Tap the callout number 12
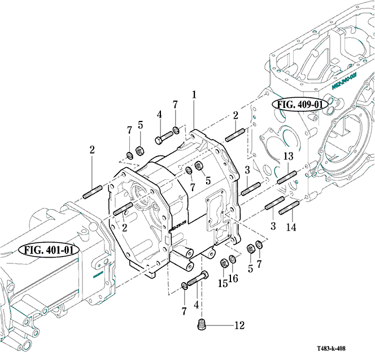(x=239, y=325)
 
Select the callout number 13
(x=288, y=157)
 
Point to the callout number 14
(x=290, y=228)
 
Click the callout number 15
(x=223, y=282)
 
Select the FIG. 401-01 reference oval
(x=49, y=249)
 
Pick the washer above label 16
(x=232, y=259)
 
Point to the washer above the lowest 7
(x=185, y=284)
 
